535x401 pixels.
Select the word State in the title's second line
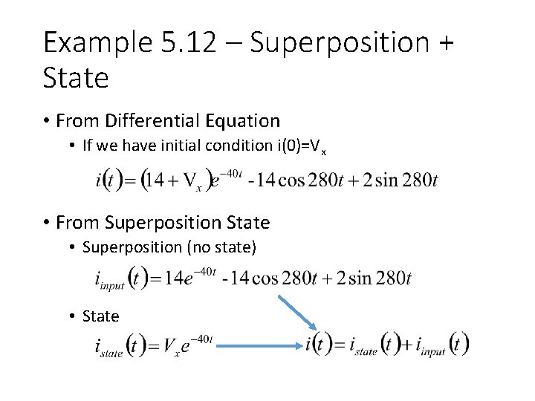pyautogui.click(x=76, y=77)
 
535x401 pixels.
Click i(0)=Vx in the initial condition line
pyautogui.click(x=302, y=151)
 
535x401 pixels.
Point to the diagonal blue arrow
pyautogui.click(x=298, y=313)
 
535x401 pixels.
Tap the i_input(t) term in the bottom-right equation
pyautogui.click(x=441, y=347)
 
